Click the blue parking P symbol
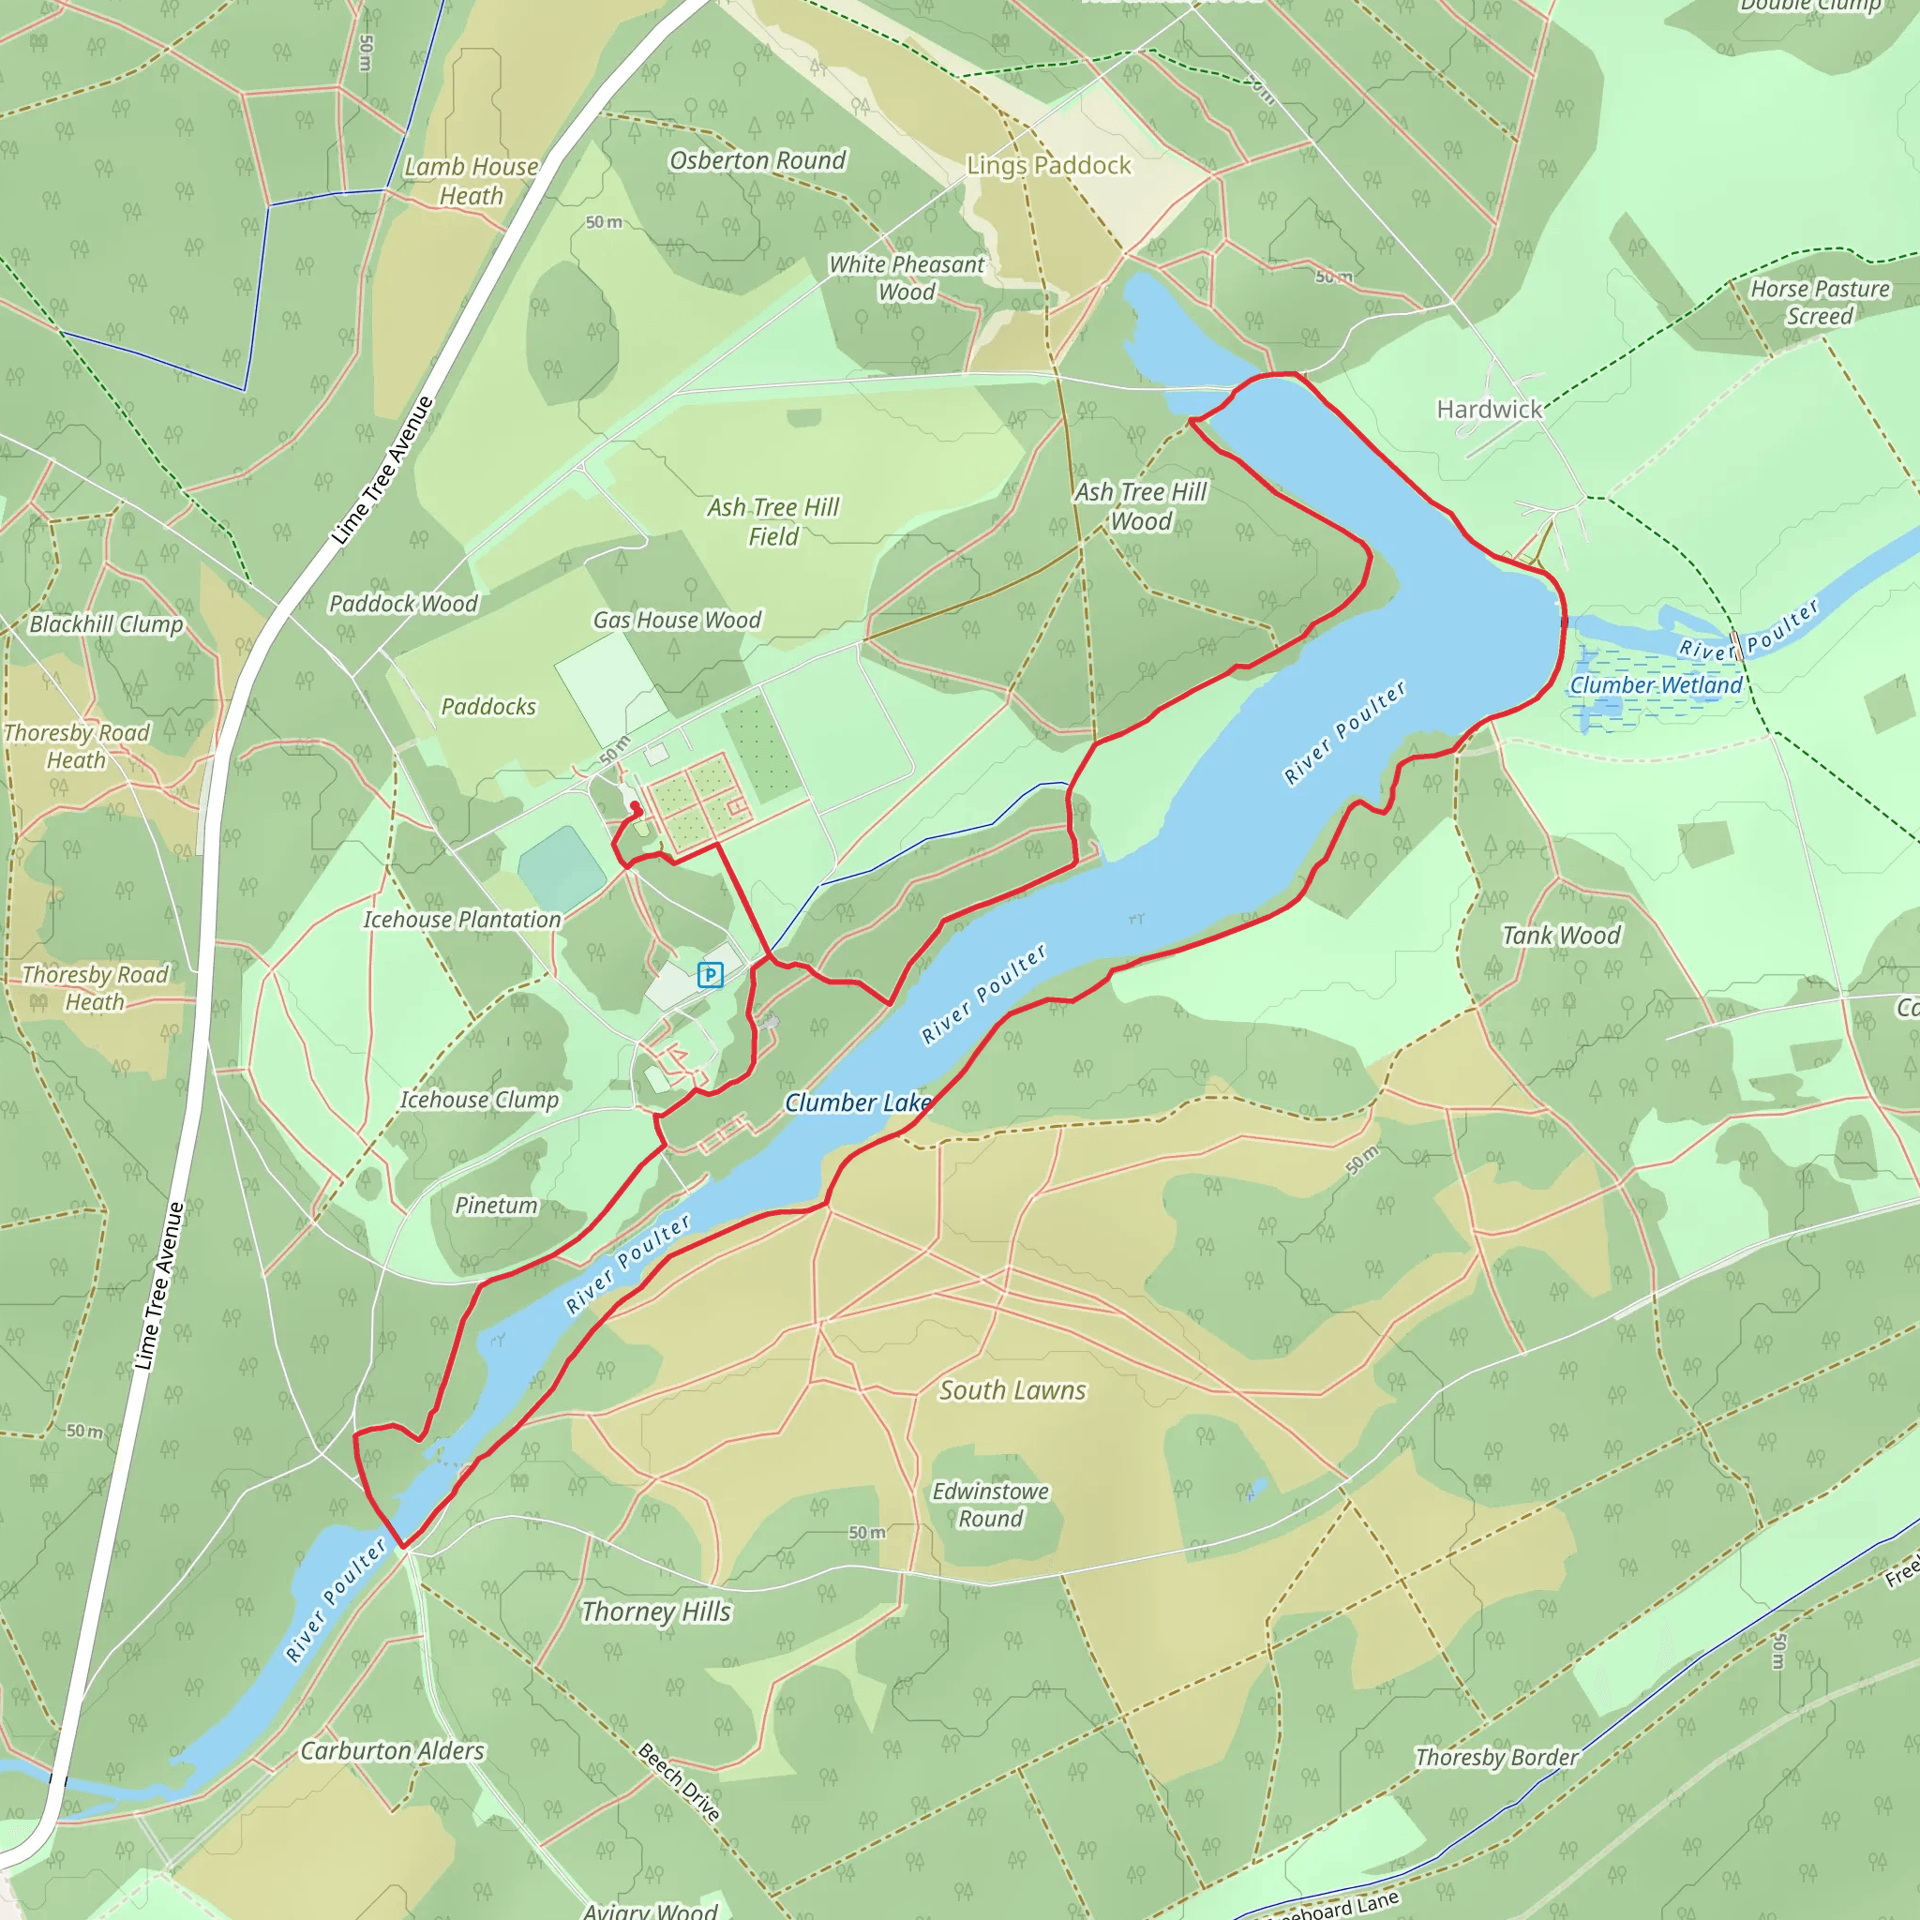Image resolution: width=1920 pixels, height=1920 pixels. pyautogui.click(x=710, y=975)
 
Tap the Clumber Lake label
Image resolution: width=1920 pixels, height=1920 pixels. pyautogui.click(x=858, y=1102)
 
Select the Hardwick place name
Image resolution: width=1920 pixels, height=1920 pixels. pyautogui.click(x=1489, y=410)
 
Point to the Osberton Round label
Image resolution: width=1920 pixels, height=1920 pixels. pyautogui.click(x=757, y=161)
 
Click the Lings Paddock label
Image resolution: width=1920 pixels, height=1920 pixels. pyautogui.click(x=1048, y=166)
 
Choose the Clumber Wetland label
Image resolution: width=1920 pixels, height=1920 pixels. pyautogui.click(x=1656, y=685)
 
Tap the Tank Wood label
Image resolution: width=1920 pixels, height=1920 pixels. pyautogui.click(x=1560, y=935)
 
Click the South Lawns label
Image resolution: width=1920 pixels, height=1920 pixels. pyautogui.click(x=1012, y=1390)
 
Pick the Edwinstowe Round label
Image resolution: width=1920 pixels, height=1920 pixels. pyautogui.click(x=990, y=1505)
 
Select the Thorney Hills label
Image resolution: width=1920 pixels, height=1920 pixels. pyautogui.click(x=656, y=1612)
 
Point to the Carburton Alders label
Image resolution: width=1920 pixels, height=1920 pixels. pyautogui.click(x=393, y=1751)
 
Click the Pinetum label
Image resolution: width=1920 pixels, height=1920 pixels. pyautogui.click(x=496, y=1206)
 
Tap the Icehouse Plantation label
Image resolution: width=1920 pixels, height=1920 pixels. pyautogui.click(x=462, y=921)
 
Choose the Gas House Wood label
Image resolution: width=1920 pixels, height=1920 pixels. pyautogui.click(x=677, y=620)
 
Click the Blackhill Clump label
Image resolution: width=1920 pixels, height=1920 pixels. pyautogui.click(x=106, y=625)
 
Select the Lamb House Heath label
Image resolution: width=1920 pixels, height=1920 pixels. pyautogui.click(x=471, y=181)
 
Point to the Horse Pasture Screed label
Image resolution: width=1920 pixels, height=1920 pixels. pyautogui.click(x=1820, y=302)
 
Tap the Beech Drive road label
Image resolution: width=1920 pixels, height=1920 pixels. pyautogui.click(x=679, y=1782)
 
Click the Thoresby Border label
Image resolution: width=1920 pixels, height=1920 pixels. pyautogui.click(x=1496, y=1757)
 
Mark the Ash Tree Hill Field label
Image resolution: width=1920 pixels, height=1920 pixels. pyautogui.click(x=773, y=522)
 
